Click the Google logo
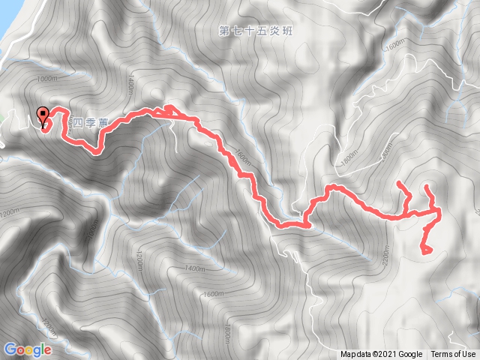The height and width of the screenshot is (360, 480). coord(28,349)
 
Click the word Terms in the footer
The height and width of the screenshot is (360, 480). coord(442,355)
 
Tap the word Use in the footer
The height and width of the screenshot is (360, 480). coord(468,355)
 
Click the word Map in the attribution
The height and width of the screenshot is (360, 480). coord(349,355)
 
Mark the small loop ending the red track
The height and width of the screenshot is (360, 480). coord(426,249)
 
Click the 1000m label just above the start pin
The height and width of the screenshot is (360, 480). coord(46,78)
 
